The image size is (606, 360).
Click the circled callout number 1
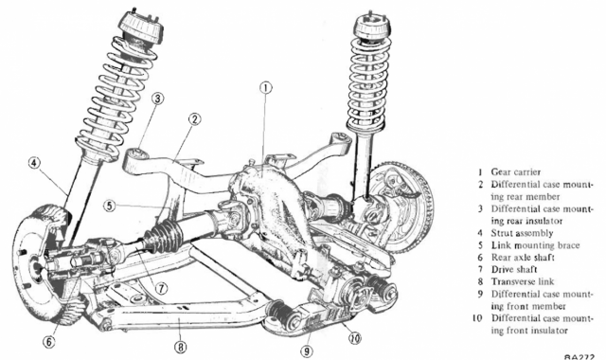point(265,88)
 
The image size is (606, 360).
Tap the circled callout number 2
point(195,119)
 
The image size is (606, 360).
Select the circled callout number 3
point(157,99)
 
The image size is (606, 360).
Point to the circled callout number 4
point(34,163)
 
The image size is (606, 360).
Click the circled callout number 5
point(110,206)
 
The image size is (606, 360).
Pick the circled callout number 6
point(48,342)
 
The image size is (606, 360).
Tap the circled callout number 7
point(162,288)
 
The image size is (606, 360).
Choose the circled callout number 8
point(181,347)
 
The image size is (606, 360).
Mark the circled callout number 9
point(306,351)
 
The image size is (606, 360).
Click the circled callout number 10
point(355,338)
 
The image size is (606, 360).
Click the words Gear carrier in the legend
point(515,172)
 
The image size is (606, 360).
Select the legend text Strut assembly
point(522,233)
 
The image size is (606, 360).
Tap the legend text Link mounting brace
point(535,245)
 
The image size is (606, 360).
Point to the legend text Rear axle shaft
point(523,258)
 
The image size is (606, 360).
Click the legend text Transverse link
point(522,281)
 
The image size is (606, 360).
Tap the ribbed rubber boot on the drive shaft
point(164,237)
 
